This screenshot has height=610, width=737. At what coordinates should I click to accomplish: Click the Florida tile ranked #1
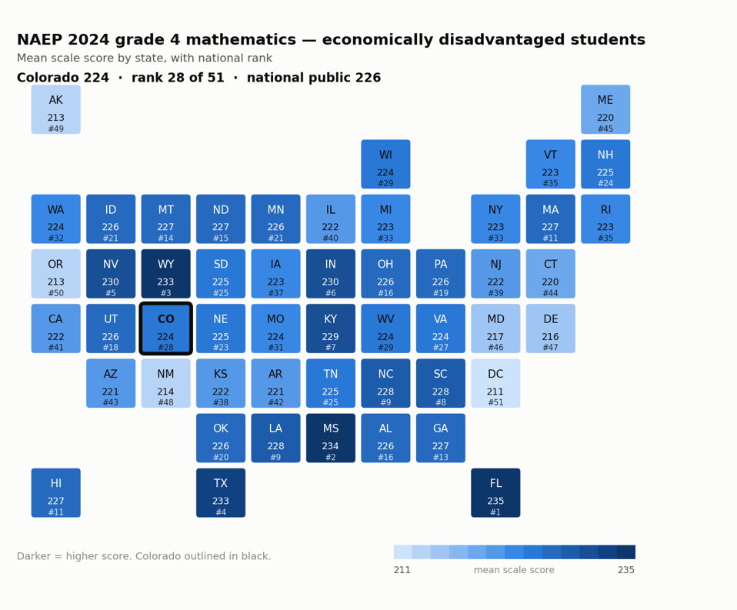[x=495, y=492]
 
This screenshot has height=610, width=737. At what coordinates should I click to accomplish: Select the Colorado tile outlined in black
[x=165, y=328]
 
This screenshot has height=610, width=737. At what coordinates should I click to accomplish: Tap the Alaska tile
[x=56, y=109]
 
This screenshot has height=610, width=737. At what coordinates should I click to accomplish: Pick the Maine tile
[x=605, y=109]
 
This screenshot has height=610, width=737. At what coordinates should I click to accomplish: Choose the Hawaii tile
[x=56, y=492]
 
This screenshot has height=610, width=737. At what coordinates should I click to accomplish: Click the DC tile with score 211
[x=495, y=383]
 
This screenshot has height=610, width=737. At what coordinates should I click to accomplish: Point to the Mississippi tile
[x=331, y=438]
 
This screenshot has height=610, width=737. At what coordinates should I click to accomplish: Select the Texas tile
[x=221, y=492]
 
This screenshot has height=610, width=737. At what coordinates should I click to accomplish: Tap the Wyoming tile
[x=165, y=274]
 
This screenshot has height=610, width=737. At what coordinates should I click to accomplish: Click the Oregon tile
[x=56, y=274]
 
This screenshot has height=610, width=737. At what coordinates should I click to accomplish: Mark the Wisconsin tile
[x=385, y=164]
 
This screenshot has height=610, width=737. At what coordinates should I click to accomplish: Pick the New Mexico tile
[x=165, y=383]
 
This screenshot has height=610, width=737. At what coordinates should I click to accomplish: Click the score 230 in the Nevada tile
[x=111, y=282]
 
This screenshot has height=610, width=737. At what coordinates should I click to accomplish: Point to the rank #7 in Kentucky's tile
[x=331, y=348]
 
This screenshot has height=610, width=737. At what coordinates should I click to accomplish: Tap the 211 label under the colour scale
[x=402, y=569]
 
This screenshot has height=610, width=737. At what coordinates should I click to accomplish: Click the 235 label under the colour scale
[x=626, y=569]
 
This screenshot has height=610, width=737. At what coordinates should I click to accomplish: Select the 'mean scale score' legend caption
[x=514, y=569]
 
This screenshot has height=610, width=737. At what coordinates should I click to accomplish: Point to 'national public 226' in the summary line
[x=314, y=78]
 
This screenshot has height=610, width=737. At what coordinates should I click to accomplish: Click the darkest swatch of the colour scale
[x=626, y=552]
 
